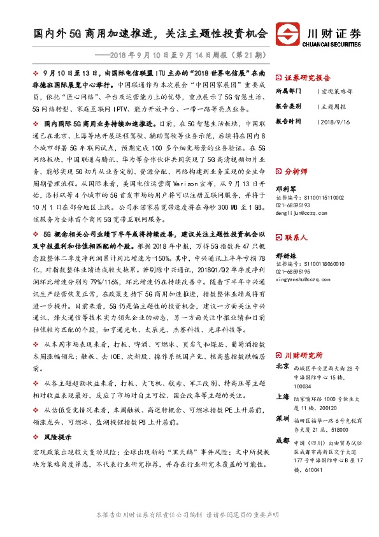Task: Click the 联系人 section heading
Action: coord(296,237)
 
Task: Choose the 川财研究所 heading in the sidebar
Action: coord(303,355)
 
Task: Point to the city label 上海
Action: coord(283,396)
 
